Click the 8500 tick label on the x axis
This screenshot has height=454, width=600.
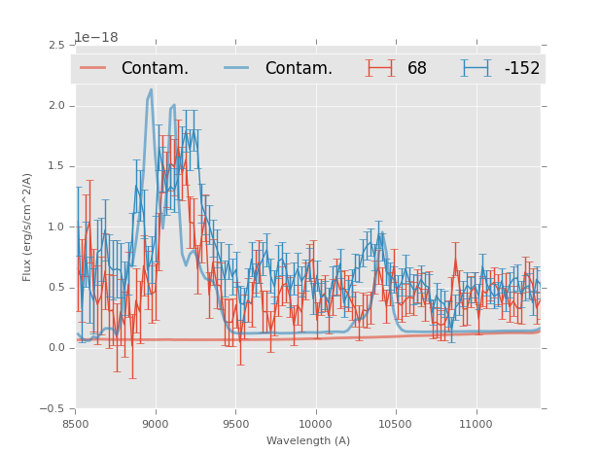[x=76, y=424]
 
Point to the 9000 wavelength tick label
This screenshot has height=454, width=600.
[x=156, y=424]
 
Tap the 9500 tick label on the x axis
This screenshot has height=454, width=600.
[x=235, y=424]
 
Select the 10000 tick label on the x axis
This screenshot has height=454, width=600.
[x=315, y=424]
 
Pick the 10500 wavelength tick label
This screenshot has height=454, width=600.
[x=396, y=424]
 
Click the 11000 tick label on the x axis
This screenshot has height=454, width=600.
[x=476, y=424]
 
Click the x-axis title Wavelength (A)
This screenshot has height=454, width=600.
[x=308, y=440]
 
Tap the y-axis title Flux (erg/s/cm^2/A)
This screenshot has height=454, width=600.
[x=28, y=227]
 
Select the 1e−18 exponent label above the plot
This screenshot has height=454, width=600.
[x=96, y=38]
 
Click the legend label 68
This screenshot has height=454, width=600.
[x=417, y=69]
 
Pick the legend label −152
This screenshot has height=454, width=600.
[x=521, y=69]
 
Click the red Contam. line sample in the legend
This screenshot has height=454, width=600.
[x=93, y=68]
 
